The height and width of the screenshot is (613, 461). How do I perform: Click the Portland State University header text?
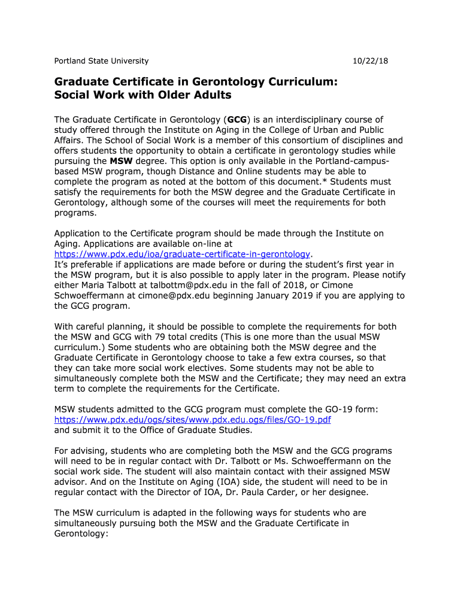pyautogui.click(x=101, y=61)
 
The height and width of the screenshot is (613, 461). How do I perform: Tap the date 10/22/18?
pyautogui.click(x=371, y=61)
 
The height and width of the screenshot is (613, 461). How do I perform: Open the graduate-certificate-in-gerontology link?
pyautogui.click(x=183, y=254)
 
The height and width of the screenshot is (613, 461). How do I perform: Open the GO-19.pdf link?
pyautogui.click(x=192, y=420)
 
